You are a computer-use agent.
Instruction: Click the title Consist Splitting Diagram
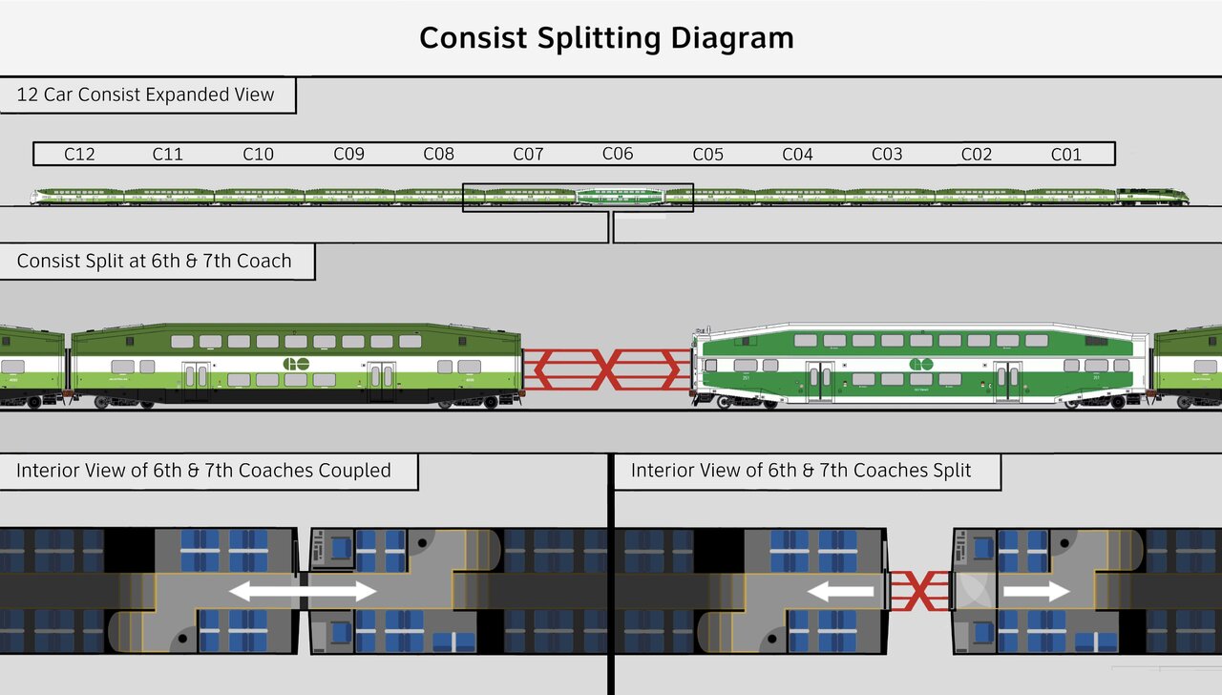tap(606, 38)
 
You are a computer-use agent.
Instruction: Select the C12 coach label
tap(79, 154)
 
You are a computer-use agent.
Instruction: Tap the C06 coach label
tap(618, 154)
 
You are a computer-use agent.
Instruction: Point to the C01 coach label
tap(1066, 154)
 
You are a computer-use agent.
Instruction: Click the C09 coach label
tap(348, 154)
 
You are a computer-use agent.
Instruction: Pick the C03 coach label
tap(887, 154)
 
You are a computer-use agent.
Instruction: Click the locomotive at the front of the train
tap(1152, 197)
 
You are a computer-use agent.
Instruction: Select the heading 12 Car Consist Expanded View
tap(145, 95)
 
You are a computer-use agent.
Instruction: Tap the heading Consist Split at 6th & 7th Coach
tap(155, 261)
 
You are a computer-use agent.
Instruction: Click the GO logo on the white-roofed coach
tap(920, 365)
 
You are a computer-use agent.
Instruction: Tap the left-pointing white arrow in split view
tap(840, 592)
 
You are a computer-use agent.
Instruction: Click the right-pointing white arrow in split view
tap(1037, 592)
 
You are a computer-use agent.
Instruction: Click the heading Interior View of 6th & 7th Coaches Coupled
tap(203, 471)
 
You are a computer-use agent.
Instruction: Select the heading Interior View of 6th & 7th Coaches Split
tap(801, 471)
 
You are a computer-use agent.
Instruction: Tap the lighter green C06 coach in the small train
tap(621, 197)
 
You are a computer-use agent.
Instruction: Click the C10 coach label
tap(258, 154)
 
